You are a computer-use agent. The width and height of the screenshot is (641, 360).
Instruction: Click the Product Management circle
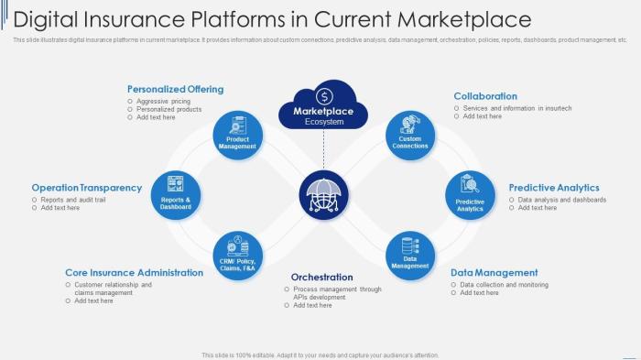click(x=238, y=136)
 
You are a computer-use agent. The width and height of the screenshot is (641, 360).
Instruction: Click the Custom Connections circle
click(x=410, y=136)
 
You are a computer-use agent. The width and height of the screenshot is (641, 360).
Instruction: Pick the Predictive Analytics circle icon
click(x=471, y=195)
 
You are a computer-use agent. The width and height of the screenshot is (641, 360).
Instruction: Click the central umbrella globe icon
click(x=324, y=195)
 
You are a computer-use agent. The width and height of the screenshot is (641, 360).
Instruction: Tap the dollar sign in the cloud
click(x=324, y=95)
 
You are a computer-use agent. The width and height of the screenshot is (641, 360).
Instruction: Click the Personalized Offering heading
click(x=175, y=89)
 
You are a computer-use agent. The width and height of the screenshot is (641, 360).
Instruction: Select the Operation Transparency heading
click(x=87, y=188)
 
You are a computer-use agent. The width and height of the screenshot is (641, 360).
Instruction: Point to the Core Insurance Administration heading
click(x=134, y=272)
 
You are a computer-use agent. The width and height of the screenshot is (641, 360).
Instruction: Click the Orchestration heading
click(x=321, y=277)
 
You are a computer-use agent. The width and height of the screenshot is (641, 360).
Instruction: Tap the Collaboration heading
click(x=485, y=96)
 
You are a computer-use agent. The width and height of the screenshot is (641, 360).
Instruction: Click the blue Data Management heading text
click(x=494, y=272)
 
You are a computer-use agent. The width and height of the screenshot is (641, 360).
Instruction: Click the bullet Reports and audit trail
click(x=73, y=200)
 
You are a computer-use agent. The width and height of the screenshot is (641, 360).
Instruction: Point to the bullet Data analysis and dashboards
click(x=562, y=200)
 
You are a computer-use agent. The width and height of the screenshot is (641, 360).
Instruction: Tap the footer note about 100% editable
click(x=320, y=355)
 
